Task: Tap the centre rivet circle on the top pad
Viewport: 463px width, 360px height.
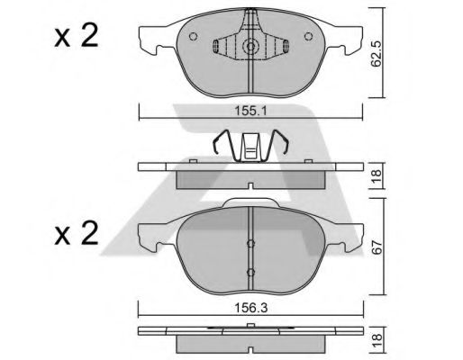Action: [x=250, y=47]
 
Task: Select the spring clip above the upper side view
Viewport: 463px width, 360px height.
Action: [x=250, y=146]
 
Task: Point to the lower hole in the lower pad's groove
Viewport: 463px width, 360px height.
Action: [x=250, y=268]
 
